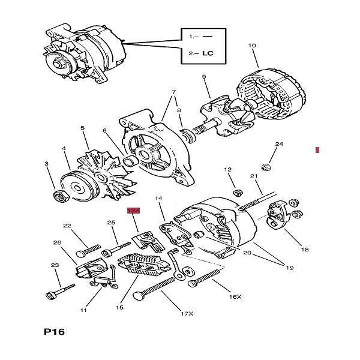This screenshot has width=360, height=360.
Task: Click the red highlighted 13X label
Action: (133, 211)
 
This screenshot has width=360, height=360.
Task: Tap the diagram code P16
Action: (55, 332)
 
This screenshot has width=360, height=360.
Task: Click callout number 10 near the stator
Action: (252, 46)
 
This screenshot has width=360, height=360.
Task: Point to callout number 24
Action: (278, 145)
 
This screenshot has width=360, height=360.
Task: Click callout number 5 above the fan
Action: (83, 128)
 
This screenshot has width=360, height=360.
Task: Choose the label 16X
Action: (235, 296)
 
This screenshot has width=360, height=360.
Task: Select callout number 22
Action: (67, 226)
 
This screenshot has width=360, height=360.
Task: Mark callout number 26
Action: (57, 242)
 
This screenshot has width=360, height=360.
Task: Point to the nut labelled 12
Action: (238, 192)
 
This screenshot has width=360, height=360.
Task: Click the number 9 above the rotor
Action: (204, 77)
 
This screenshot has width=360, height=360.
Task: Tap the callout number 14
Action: (159, 198)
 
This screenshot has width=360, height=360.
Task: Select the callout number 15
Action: (119, 307)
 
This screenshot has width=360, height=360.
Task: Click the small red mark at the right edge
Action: (317, 149)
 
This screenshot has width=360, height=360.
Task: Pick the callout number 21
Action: (253, 176)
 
